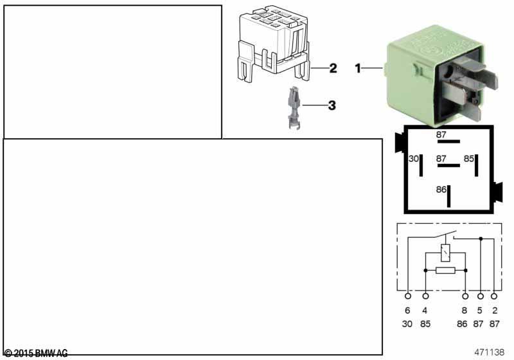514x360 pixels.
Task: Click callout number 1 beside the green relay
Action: [x=359, y=67]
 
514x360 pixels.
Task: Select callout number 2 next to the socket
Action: [x=332, y=67]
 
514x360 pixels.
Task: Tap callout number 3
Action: [x=332, y=105]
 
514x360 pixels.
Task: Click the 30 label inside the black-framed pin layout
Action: [x=414, y=158]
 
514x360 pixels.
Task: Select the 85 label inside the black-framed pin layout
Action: [x=469, y=158]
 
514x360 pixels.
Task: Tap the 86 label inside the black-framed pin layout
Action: [x=441, y=190]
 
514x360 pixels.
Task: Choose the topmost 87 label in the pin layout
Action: [x=441, y=134]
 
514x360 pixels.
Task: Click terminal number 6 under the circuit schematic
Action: [x=407, y=310]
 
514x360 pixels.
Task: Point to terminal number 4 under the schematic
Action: [x=425, y=310]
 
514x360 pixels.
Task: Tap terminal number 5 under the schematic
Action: [x=479, y=310]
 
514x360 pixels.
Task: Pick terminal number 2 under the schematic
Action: [x=494, y=310]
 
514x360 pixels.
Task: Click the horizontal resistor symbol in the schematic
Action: [x=445, y=271]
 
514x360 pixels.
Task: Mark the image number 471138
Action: [x=490, y=352]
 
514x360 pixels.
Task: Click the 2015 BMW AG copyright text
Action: [x=36, y=353]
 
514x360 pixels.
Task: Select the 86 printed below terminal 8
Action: [x=461, y=324]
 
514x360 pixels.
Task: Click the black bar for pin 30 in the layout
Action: [x=421, y=166]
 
